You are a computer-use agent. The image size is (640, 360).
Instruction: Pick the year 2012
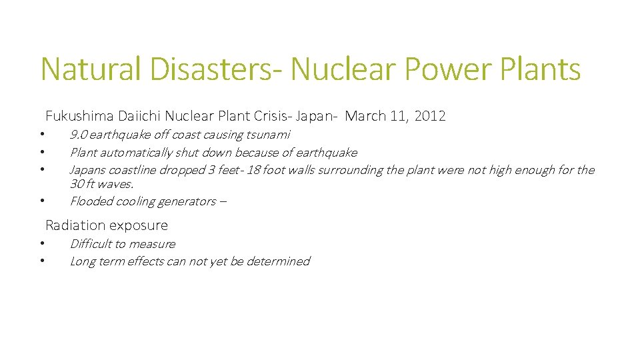[x=430, y=116]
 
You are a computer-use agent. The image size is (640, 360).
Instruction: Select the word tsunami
[x=268, y=135]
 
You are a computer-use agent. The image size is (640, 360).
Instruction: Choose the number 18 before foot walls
[x=253, y=170]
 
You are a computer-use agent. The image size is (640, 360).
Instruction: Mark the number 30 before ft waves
[x=77, y=184]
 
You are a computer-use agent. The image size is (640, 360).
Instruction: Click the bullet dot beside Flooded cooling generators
[x=41, y=201]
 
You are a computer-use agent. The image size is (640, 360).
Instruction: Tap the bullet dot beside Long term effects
[x=41, y=261]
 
